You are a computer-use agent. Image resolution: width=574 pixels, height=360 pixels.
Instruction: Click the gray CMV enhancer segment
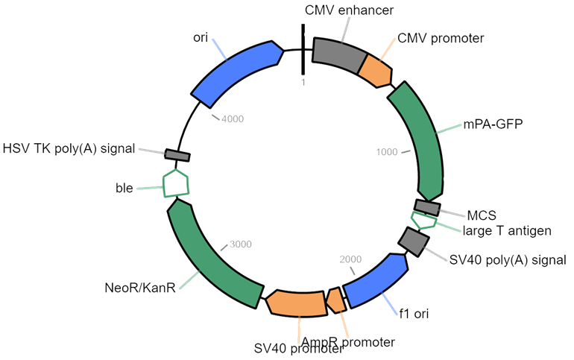(337, 53)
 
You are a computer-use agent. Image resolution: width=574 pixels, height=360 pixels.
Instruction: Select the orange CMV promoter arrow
(376, 71)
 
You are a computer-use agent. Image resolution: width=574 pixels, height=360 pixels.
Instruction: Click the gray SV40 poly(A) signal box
(412, 240)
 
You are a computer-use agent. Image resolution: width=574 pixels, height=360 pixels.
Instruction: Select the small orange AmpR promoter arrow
(336, 300)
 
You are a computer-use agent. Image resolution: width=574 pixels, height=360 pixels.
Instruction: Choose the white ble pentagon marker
(176, 183)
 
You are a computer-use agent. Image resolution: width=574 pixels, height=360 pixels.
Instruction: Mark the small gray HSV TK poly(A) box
(177, 154)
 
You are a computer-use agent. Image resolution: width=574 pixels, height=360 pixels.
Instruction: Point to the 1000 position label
(388, 153)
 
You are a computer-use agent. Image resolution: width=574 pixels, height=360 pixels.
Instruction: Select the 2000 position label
(350, 259)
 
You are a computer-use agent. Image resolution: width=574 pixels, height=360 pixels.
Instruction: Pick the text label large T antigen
(506, 231)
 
